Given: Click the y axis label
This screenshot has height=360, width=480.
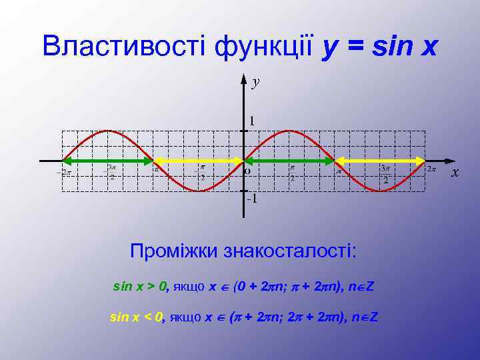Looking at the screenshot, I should tap(256, 83).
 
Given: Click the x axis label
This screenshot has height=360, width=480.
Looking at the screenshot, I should tap(455, 173).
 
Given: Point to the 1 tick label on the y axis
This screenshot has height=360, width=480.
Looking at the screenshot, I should tap(253, 121).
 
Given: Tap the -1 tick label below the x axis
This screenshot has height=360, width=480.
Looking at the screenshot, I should tap(251, 199).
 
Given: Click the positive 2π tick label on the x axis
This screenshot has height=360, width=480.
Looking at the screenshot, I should tap(431, 169).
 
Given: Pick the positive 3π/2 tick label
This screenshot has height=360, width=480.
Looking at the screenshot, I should tap(385, 174).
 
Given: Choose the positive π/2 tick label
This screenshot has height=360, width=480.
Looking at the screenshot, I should tap(292, 174).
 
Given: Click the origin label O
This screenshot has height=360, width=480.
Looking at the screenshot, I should tap(248, 171).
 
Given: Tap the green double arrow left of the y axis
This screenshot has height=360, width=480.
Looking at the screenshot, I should tap(108, 161).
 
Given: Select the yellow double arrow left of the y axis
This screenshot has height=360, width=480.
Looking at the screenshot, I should tap(199, 161).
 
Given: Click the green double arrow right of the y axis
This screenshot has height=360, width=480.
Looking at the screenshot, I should tap(289, 161).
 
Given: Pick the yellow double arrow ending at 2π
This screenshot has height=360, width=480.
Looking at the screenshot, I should tap(379, 161).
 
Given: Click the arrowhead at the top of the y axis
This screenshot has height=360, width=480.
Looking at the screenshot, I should tap(244, 79).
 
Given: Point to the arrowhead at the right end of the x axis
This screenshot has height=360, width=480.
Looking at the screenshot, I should tap(448, 161).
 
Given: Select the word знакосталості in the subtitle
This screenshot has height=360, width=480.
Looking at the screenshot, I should tap(291, 252).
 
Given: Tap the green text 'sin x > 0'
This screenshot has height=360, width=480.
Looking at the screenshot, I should tap(140, 287).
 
